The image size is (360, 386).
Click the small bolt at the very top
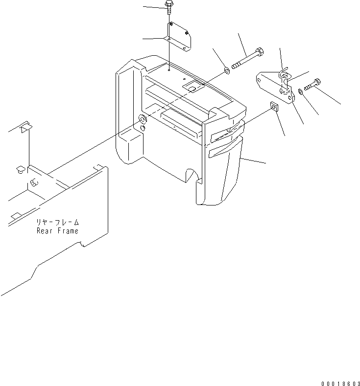coord(169,7)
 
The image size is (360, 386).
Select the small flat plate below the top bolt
coord(179,36)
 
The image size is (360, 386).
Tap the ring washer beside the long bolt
coord(227,70)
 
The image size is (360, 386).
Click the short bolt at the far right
coord(312,84)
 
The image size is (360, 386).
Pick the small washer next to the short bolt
coord(300,92)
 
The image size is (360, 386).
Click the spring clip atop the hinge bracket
coord(284,72)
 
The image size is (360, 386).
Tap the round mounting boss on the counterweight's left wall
coord(143,119)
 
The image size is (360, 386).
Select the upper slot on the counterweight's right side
coord(227,133)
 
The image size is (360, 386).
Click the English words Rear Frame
coord(57,231)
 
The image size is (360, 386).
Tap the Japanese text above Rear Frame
coord(58,222)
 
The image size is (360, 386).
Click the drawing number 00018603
coord(340,383)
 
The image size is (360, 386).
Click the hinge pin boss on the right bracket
coord(285,91)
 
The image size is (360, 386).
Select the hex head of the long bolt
coord(260,52)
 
